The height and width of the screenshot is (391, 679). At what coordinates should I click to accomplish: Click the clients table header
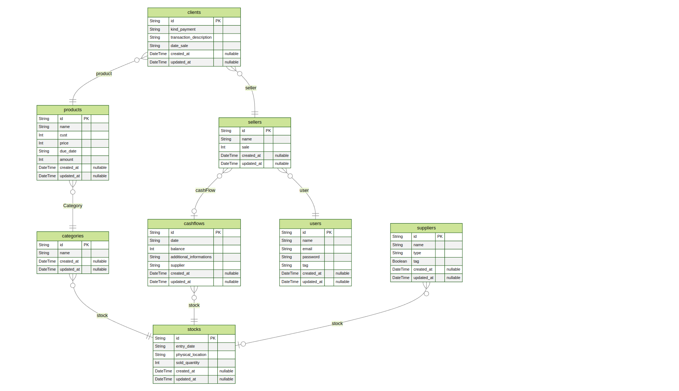194,12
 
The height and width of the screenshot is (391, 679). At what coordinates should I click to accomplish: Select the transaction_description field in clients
191,38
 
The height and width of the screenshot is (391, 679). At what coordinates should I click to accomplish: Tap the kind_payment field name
183,30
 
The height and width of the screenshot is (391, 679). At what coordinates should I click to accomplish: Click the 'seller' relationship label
251,88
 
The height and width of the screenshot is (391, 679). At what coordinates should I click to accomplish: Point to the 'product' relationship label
104,74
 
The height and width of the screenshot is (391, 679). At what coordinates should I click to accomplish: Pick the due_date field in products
68,151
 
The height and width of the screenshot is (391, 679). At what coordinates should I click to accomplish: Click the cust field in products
63,135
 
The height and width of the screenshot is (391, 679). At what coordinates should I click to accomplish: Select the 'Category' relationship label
73,206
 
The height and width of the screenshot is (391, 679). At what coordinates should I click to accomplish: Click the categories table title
73,236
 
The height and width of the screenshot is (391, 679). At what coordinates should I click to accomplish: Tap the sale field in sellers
245,147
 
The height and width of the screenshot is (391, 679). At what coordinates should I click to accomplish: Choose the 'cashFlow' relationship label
205,190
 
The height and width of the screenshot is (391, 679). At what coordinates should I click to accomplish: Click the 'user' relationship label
304,190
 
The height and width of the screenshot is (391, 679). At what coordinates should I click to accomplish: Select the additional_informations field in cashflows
191,257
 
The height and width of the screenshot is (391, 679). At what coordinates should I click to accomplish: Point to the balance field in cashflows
178,249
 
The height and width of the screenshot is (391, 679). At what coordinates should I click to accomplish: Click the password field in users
311,257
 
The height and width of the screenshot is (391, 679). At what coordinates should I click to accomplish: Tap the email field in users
307,249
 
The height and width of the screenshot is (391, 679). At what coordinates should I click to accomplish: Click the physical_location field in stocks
191,355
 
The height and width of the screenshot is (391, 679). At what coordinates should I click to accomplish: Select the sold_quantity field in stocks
188,363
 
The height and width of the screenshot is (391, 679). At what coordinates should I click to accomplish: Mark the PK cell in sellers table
268,131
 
